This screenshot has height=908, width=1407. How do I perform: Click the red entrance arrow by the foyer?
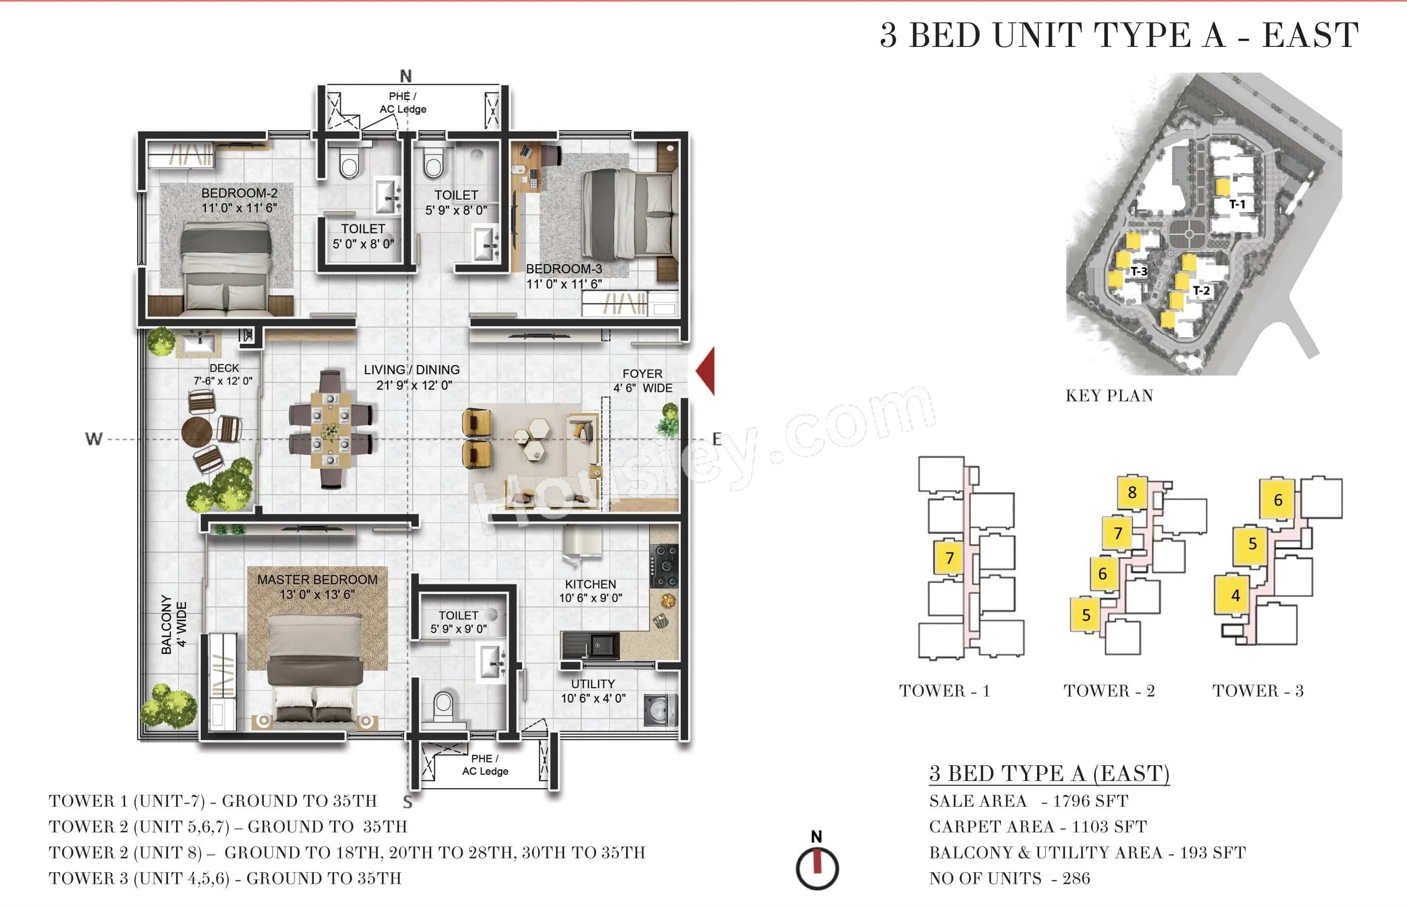[x=706, y=371]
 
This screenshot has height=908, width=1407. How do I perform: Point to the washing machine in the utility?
[x=659, y=709]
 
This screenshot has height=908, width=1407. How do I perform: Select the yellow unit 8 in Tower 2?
[x=1132, y=493]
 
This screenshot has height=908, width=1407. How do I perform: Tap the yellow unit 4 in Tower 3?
[x=1235, y=595]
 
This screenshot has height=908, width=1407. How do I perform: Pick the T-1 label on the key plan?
[x=1237, y=204]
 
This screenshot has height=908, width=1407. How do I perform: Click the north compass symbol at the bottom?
[x=817, y=867]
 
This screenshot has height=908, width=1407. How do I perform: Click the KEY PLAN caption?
[x=1109, y=396]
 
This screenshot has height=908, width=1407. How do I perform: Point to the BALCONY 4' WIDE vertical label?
[x=174, y=624]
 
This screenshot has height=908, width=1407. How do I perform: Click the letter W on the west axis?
[x=94, y=439]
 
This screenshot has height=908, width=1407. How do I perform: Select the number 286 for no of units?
[x=1076, y=878]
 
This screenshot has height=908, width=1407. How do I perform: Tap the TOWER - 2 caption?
[x=1109, y=690]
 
